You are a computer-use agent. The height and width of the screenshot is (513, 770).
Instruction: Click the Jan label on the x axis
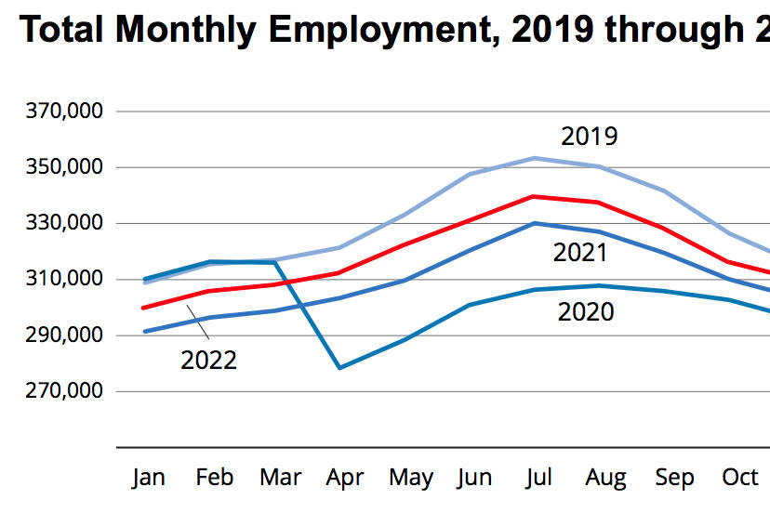pos(149,478)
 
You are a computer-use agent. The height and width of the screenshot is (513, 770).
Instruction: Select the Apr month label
pos(345,478)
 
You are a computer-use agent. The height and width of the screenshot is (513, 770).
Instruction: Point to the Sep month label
pos(674,478)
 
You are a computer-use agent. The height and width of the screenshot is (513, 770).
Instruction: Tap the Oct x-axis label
pos(740,478)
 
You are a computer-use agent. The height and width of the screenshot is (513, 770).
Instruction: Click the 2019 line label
pos(590,137)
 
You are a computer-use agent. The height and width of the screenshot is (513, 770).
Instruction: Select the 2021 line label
pos(580,252)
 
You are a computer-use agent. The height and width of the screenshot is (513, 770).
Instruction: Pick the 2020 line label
pos(586,311)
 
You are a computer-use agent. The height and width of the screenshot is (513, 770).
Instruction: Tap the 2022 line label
pos(208,360)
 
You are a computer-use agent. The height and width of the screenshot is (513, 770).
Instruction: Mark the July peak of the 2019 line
pos(533,158)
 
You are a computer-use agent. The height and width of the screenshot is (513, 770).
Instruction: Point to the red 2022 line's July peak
pos(533,196)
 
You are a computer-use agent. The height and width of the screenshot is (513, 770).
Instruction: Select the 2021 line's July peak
pos(533,223)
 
